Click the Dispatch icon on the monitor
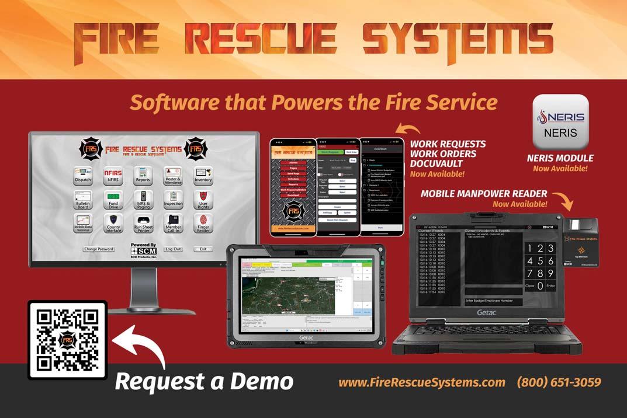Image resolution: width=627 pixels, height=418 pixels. click(82, 176)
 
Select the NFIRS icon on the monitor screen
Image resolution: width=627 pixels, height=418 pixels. click(113, 176)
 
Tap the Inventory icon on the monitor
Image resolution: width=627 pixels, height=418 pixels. click(203, 176)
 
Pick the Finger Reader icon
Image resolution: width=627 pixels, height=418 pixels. click(203, 224)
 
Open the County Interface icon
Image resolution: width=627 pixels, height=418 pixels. click(113, 224)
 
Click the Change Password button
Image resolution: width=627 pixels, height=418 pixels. click(98, 249)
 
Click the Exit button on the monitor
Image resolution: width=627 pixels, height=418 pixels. click(203, 249)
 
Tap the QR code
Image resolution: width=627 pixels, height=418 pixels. click(67, 340)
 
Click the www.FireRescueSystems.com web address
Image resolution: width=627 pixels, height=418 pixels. click(422, 383)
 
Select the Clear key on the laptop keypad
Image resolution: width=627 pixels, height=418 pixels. click(529, 286)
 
